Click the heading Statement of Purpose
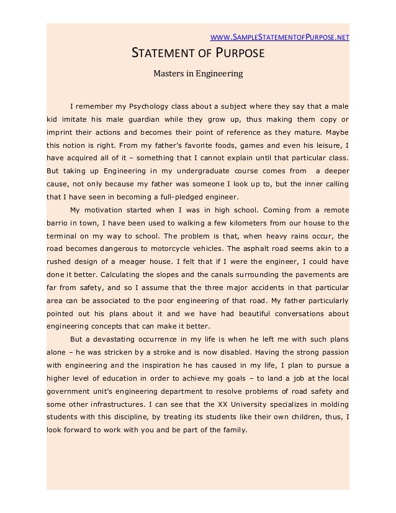coord(197,54)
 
